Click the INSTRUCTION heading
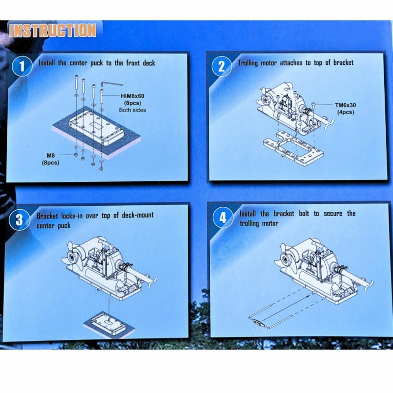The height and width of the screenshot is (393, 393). click(53, 30)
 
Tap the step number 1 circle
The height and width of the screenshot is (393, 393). click(22, 66)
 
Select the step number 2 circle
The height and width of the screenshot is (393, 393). click(222, 66)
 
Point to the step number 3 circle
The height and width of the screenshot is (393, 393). click(19, 220)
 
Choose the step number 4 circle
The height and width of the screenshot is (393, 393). click(223, 218)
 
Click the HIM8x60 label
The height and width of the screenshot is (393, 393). click(133, 96)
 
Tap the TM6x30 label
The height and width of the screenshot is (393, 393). click(345, 105)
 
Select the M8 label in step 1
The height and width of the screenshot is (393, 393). click(51, 155)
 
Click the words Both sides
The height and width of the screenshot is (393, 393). click(132, 110)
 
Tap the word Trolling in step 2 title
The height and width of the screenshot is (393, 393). click(248, 63)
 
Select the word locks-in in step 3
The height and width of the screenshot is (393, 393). click(72, 216)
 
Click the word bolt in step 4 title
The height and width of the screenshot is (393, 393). click(304, 214)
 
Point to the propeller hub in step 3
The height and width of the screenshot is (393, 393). click(72, 257)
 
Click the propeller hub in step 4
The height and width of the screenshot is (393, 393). click(285, 258)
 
